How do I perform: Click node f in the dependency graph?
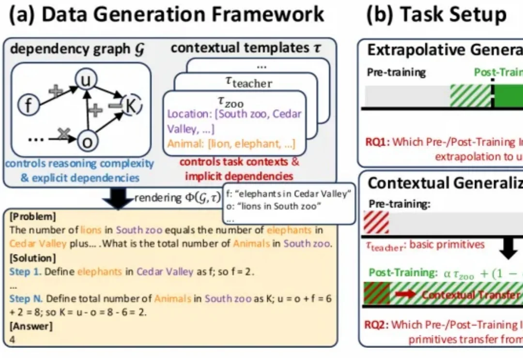[x=28, y=105]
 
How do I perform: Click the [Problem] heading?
[x=32, y=216]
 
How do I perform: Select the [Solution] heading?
[x=33, y=258]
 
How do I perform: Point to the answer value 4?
[x=12, y=340]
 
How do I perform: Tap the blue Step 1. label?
[x=26, y=271]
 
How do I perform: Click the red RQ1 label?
[x=378, y=143]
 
